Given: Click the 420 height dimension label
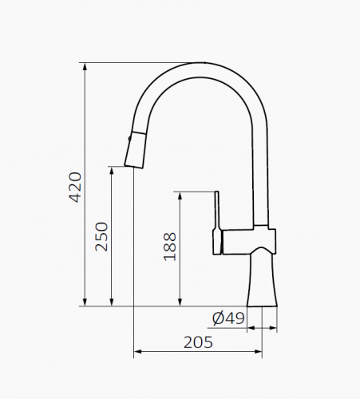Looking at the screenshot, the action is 75,188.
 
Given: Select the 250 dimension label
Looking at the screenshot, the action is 101,237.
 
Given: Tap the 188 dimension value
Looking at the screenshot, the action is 170,247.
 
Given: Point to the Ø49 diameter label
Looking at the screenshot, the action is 228,318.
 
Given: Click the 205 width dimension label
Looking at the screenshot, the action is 198,342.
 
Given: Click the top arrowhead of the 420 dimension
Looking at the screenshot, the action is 85,67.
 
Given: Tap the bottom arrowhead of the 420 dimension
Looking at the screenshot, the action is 85,302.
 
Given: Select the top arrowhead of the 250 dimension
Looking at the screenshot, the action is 112,171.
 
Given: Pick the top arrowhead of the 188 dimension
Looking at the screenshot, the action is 180,196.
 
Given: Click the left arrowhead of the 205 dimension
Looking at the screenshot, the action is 137,351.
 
